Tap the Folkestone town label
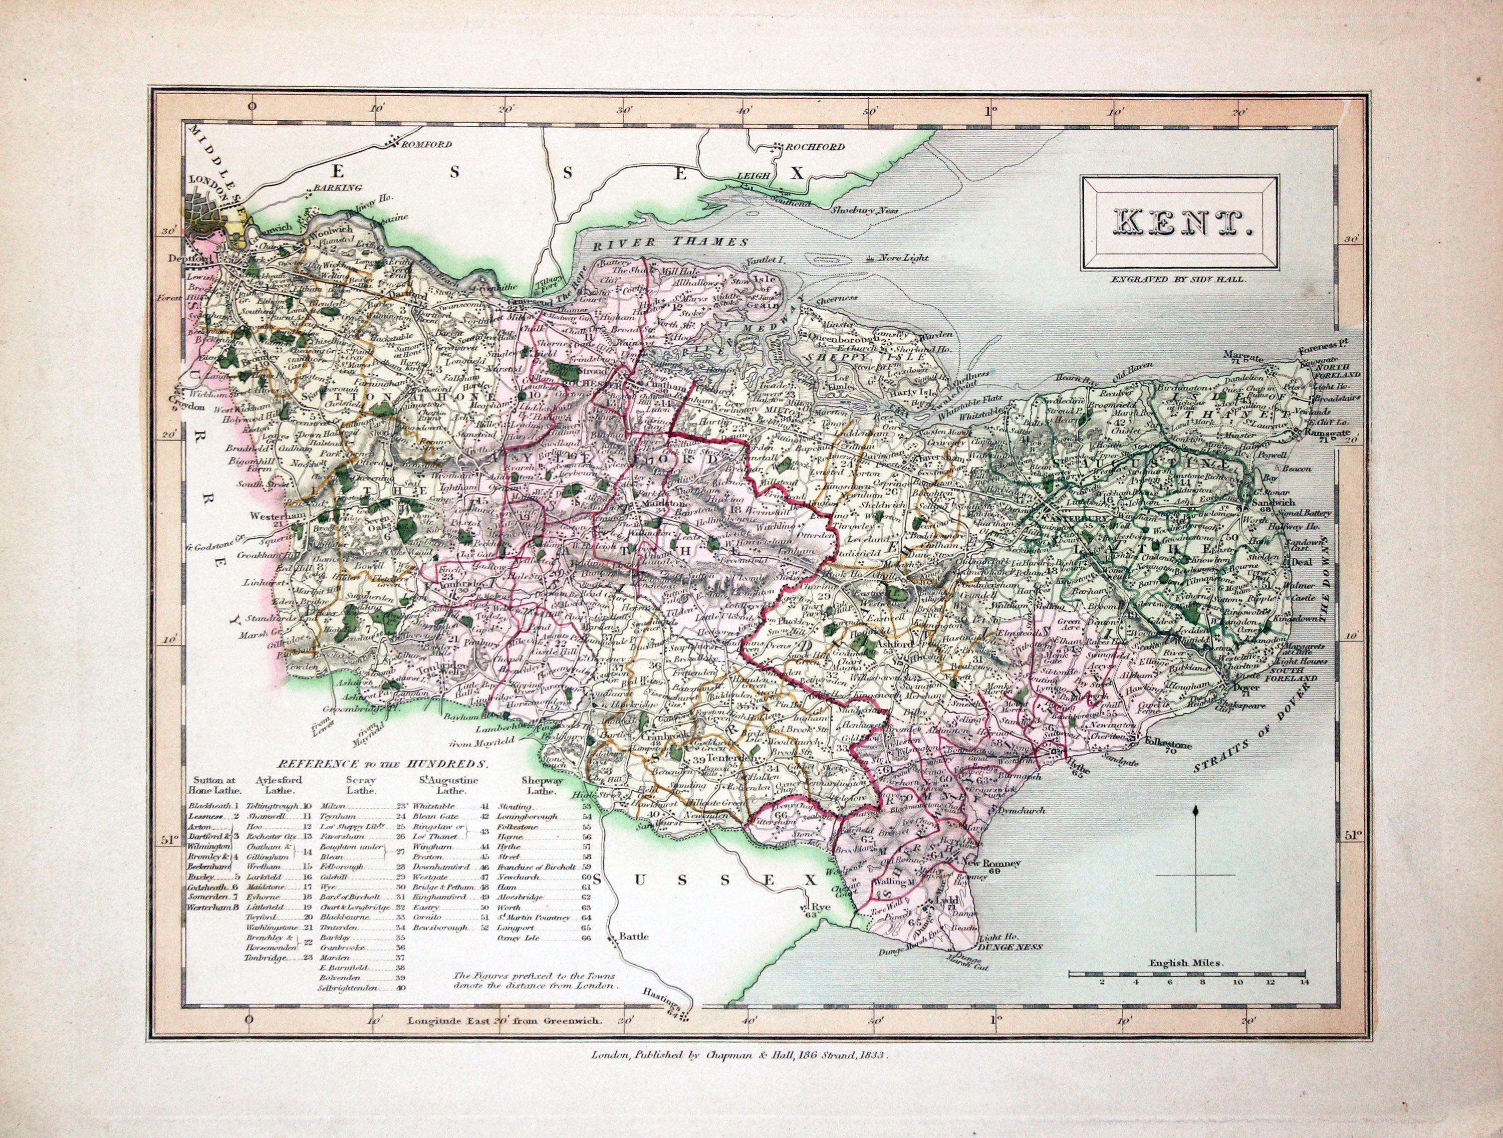pos(1167,745)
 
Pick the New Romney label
pos(992,863)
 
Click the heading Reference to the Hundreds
pos(383,763)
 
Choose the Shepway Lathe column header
pos(542,786)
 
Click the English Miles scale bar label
pos(1186,963)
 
